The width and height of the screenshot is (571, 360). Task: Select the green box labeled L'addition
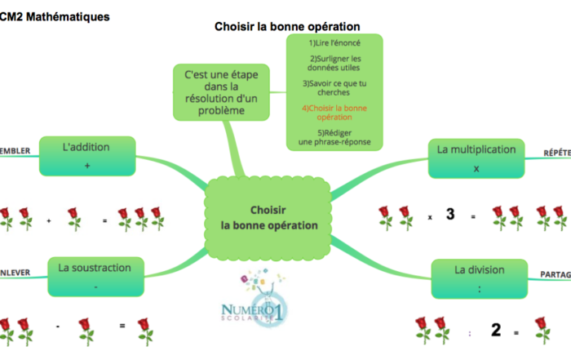(x=86, y=156)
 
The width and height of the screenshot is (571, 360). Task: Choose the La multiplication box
(x=476, y=158)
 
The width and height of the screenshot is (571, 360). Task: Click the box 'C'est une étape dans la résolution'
(x=221, y=92)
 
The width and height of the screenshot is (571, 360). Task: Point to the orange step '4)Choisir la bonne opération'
(x=334, y=113)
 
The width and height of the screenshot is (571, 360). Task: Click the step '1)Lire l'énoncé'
(x=334, y=42)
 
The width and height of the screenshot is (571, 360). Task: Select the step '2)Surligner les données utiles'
(x=334, y=63)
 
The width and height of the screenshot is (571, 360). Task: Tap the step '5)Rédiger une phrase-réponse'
(x=334, y=137)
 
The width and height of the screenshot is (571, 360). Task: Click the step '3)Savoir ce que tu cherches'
(x=334, y=88)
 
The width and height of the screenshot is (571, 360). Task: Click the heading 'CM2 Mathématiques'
(x=55, y=16)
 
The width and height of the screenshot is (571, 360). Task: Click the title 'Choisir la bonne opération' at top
(x=287, y=26)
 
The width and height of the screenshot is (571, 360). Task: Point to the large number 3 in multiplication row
(x=449, y=215)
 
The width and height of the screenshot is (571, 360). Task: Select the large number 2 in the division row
(x=495, y=330)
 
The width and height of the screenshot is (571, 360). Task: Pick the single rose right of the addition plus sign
(x=74, y=219)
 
